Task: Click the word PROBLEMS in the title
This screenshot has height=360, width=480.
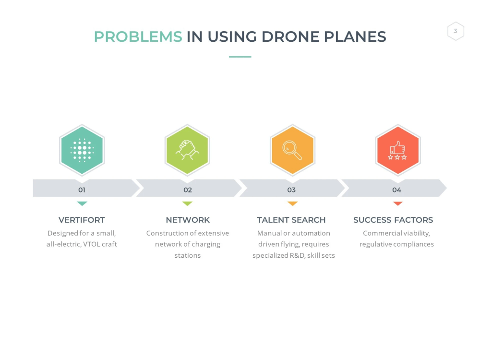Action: point(138,37)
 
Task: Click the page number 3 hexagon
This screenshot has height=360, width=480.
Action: point(456,31)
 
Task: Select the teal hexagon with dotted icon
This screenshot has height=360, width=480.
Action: point(82,150)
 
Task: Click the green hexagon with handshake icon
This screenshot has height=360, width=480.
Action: point(187,150)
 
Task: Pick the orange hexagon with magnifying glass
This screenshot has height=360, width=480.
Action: point(292,150)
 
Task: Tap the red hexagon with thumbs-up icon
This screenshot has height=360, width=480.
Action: point(397,150)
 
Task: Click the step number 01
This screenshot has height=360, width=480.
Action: point(82,190)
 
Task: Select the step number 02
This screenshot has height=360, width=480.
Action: point(188,190)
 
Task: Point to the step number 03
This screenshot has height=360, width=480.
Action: point(291,190)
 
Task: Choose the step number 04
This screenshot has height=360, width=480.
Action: point(397,190)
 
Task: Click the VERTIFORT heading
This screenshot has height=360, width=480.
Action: point(82,220)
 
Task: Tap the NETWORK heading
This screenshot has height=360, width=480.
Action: point(188,220)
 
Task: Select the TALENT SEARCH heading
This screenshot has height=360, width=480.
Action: point(291,220)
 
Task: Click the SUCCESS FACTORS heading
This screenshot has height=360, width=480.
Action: point(393,220)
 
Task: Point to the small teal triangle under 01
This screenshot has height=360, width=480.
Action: point(82,203)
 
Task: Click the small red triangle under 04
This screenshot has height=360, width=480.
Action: point(397,203)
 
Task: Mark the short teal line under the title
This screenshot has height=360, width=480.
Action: point(240,57)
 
